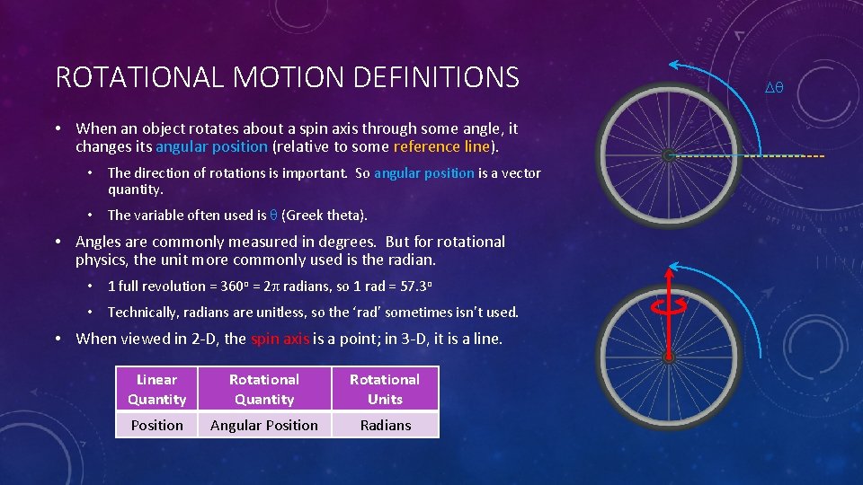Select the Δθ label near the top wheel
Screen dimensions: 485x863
(773, 87)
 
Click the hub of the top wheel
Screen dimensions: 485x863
(668, 155)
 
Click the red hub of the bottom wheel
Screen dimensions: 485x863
(668, 358)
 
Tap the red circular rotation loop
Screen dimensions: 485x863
(669, 304)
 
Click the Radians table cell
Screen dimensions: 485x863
(385, 426)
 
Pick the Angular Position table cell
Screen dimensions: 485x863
(263, 426)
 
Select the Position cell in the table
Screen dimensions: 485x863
(156, 426)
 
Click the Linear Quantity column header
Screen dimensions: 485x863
(156, 389)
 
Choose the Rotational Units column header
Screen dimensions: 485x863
(385, 389)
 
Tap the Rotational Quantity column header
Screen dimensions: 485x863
(263, 389)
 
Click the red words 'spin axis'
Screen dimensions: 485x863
(280, 339)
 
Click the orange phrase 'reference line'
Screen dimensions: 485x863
(441, 146)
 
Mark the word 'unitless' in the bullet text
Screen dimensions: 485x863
(244, 313)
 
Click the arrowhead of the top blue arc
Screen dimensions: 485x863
(673, 65)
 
